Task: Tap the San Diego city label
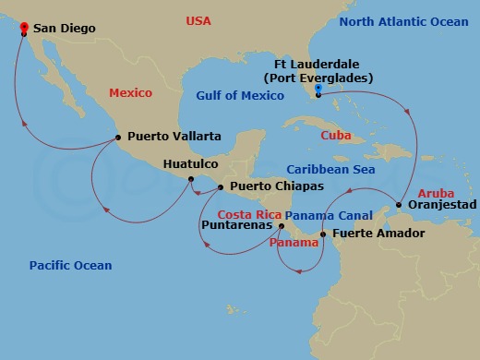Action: coord(65,30)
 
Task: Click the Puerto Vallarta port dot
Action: coord(118,138)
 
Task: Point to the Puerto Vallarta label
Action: coord(174,137)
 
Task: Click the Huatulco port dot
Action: coord(192,179)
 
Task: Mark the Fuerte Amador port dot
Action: coord(322,234)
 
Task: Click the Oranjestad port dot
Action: coord(399,205)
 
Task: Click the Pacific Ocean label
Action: coord(70,266)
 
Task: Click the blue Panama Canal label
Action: coord(321,214)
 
